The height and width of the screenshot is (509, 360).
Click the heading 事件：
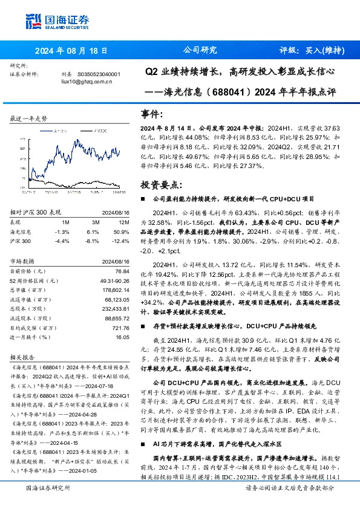(x=152, y=114)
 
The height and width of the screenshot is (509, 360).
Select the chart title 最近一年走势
(x=29, y=118)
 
